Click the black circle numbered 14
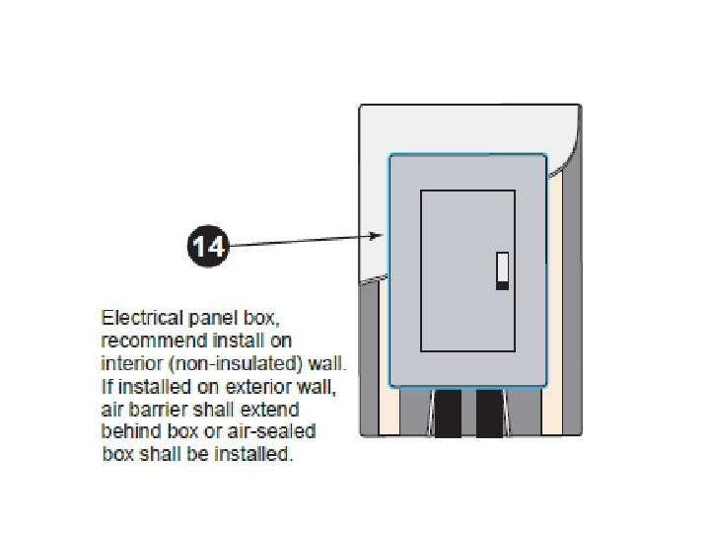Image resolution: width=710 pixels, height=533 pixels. [207, 244]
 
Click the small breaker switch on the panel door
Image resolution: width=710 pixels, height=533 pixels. [502, 270]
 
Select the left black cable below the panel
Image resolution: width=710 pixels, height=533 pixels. [449, 412]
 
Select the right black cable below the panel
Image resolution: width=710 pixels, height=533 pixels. [490, 412]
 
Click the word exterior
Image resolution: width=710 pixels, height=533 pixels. [260, 386]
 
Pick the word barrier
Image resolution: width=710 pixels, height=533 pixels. [156, 409]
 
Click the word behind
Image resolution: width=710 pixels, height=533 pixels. [126, 431]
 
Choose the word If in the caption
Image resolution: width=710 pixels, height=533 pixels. [106, 386]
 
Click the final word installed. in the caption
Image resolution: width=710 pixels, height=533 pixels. [259, 455]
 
